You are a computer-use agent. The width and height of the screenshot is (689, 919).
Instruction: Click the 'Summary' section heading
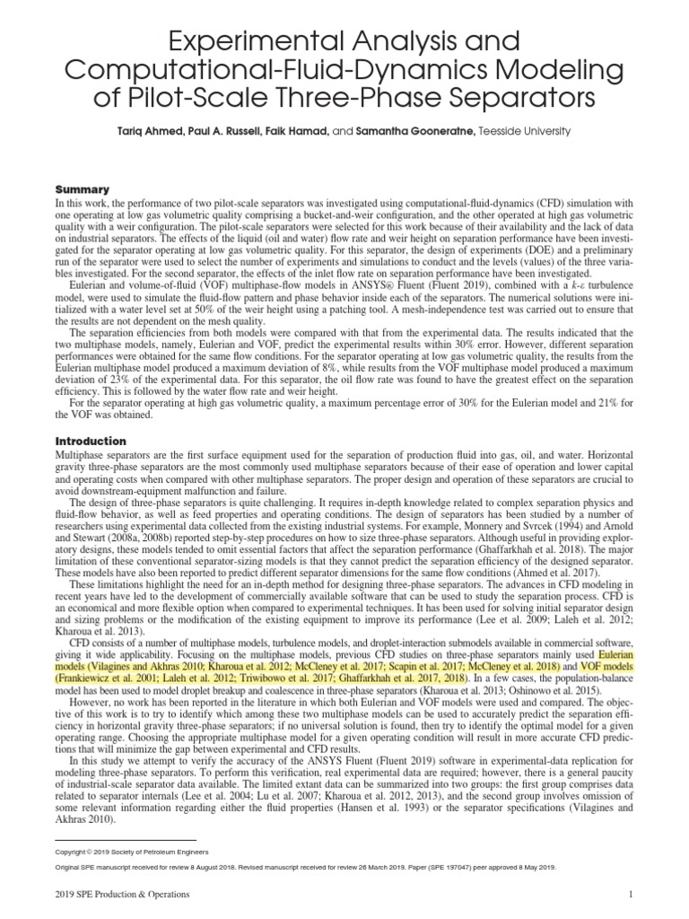82,189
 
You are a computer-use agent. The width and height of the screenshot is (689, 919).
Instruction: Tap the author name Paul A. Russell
230,131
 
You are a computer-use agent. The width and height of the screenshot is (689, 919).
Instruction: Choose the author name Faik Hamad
304,131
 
